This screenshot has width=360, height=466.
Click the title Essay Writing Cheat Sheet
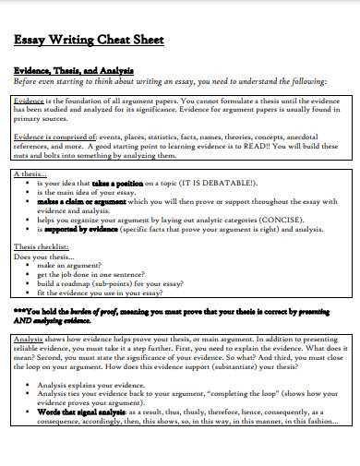click(x=87, y=41)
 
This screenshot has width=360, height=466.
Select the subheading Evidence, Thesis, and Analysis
click(x=74, y=70)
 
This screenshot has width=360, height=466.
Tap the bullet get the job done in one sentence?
click(x=97, y=274)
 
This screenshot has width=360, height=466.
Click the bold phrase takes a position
click(x=119, y=183)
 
